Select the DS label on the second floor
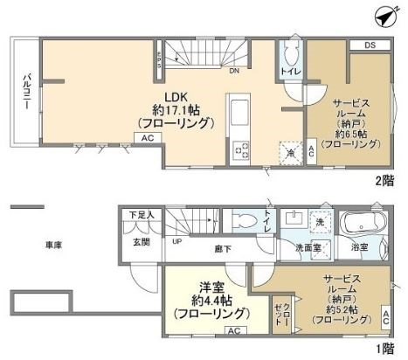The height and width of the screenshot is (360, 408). (x=370, y=45)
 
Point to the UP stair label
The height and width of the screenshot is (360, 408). (x=176, y=241)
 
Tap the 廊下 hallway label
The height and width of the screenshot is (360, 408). (x=223, y=249)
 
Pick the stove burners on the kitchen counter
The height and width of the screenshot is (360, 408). (x=238, y=150)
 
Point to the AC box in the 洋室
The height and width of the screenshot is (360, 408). (x=233, y=331)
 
